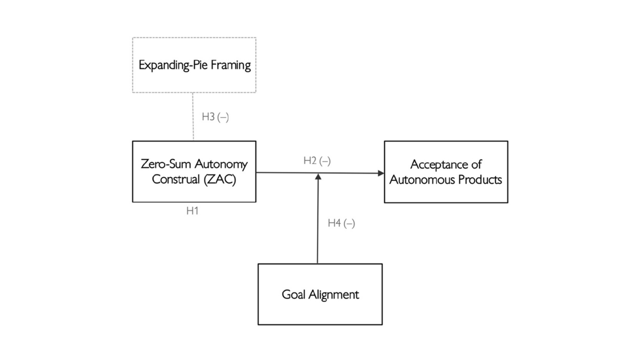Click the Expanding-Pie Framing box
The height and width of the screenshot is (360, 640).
coord(194,65)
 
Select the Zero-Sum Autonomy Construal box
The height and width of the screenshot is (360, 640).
coord(194,171)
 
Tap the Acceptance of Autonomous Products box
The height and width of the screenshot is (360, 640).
coord(446,172)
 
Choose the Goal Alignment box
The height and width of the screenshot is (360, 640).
coord(320,294)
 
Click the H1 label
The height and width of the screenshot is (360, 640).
coord(192,211)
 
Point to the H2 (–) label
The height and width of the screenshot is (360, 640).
coord(317,161)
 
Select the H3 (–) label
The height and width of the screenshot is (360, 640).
coord(215,117)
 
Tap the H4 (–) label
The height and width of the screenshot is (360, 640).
coord(341,223)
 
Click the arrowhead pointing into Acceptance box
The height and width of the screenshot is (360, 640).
coord(381,173)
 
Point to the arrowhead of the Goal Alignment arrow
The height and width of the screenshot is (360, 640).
coord(318,176)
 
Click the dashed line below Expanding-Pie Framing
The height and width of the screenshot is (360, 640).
coord(193,116)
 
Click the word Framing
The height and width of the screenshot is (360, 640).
coord(231,65)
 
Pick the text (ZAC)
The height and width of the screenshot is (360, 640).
coord(220,179)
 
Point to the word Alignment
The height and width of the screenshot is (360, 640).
coord(333,294)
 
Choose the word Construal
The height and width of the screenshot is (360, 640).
coord(176,179)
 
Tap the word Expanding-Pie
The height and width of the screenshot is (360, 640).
coord(173,65)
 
